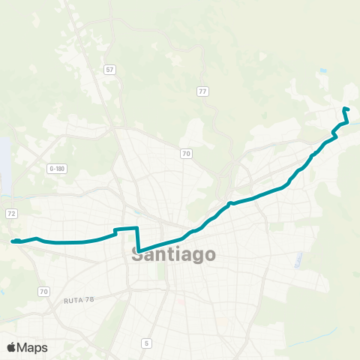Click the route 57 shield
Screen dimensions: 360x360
click(x=110, y=70)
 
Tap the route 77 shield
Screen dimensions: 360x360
click(x=202, y=91)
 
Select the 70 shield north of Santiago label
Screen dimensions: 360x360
click(x=186, y=154)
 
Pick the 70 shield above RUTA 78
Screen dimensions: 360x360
click(x=43, y=291)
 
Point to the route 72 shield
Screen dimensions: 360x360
click(x=11, y=214)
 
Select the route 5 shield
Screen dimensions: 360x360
click(x=146, y=343)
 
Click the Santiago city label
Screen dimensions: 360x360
click(x=173, y=254)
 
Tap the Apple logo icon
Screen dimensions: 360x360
click(x=12, y=347)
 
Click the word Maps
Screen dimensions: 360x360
click(x=32, y=347)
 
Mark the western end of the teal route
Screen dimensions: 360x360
click(x=13, y=241)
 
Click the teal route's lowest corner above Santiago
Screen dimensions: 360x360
click(x=139, y=252)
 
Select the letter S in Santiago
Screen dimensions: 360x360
click(x=138, y=254)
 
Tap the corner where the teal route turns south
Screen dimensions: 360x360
click(x=137, y=228)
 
